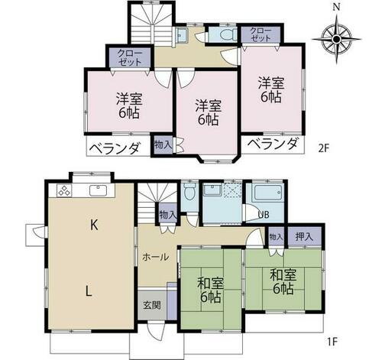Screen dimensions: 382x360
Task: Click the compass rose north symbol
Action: click(x=336, y=39)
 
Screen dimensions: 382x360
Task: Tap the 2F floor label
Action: click(x=324, y=148)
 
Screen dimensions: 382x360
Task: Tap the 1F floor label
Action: click(x=332, y=342)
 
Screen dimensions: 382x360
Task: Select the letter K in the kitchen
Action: click(x=94, y=225)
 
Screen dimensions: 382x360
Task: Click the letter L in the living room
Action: click(x=89, y=290)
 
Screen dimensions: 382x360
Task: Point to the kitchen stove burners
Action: click(x=65, y=190)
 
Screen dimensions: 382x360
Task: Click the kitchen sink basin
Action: click(x=99, y=190)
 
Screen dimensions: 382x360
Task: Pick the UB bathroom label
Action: click(x=264, y=215)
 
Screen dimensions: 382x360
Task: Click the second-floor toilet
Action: click(x=226, y=35)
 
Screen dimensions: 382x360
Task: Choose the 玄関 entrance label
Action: click(x=152, y=305)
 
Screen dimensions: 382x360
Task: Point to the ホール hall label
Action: click(x=155, y=258)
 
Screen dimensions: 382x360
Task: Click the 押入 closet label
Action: click(x=304, y=237)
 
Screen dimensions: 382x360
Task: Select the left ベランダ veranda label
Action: click(x=115, y=148)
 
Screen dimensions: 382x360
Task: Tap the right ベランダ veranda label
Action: click(x=272, y=144)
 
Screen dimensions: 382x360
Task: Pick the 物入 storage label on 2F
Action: click(x=163, y=145)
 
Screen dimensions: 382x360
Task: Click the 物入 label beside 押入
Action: click(x=277, y=238)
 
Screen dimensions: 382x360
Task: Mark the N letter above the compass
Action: click(x=337, y=8)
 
